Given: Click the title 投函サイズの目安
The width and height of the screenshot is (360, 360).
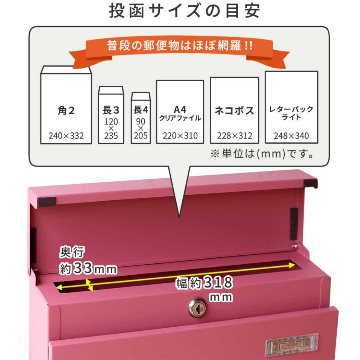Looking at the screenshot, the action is pyautogui.click(x=184, y=11).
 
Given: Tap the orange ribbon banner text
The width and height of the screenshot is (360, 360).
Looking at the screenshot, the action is pyautogui.click(x=180, y=46).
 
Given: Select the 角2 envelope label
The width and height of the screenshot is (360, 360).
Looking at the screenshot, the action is pyautogui.click(x=66, y=110).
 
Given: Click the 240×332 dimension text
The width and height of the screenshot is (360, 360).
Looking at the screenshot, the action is pyautogui.click(x=66, y=136).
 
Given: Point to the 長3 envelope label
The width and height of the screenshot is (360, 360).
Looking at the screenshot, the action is pyautogui.click(x=111, y=110).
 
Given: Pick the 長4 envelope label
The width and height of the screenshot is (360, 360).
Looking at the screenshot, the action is pyautogui.click(x=141, y=110).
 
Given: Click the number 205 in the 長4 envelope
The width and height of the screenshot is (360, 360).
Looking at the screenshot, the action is pyautogui.click(x=141, y=136).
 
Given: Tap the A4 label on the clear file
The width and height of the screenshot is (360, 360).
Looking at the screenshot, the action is pyautogui.click(x=180, y=110).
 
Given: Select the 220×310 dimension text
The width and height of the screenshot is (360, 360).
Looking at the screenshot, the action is pyautogui.click(x=180, y=136).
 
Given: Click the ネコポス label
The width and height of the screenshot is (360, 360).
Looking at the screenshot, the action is pyautogui.click(x=234, y=111).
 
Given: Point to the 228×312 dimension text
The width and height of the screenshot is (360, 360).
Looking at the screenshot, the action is pyautogui.click(x=235, y=136).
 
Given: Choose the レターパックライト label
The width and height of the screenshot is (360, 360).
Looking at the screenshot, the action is pyautogui.click(x=291, y=113).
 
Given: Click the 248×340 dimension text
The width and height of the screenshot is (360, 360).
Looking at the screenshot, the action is pyautogui.click(x=291, y=136).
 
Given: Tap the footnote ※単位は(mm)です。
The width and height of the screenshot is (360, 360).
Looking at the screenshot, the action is pyautogui.click(x=262, y=154).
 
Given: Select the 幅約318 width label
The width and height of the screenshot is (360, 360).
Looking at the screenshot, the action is pyautogui.click(x=204, y=283).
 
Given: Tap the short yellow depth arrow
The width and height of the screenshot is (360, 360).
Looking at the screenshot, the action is pyautogui.click(x=89, y=285).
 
